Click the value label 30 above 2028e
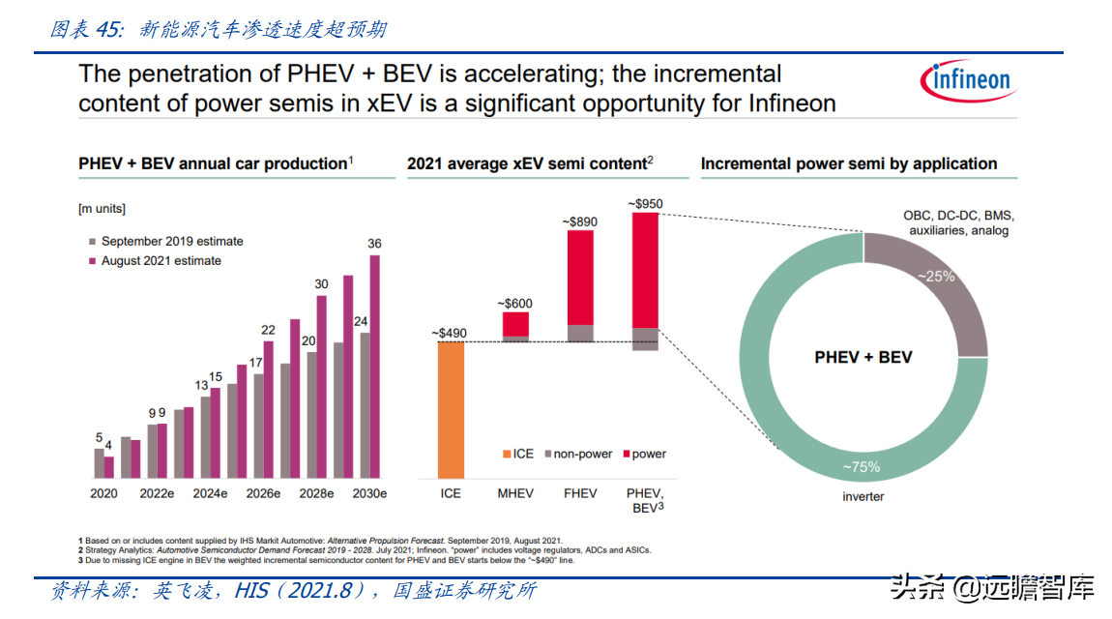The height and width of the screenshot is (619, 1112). (x=322, y=283)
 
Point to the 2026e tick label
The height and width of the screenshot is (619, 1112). (x=263, y=493)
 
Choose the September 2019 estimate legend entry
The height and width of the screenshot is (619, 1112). (x=171, y=242)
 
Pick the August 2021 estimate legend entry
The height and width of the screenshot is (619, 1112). (x=161, y=261)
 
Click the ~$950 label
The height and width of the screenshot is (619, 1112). (x=645, y=204)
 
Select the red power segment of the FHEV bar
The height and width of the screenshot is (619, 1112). (x=580, y=278)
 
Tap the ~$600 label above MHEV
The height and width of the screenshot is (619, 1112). (x=515, y=304)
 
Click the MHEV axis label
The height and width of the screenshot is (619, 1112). (x=515, y=493)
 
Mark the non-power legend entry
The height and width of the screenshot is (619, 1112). (x=577, y=454)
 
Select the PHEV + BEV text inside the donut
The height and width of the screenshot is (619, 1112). (x=863, y=357)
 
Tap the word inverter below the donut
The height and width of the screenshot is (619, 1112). (x=863, y=496)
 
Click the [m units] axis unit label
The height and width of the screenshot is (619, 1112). (x=102, y=209)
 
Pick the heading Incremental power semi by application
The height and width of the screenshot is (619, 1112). (x=849, y=164)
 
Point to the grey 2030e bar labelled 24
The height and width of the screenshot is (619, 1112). (x=365, y=405)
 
